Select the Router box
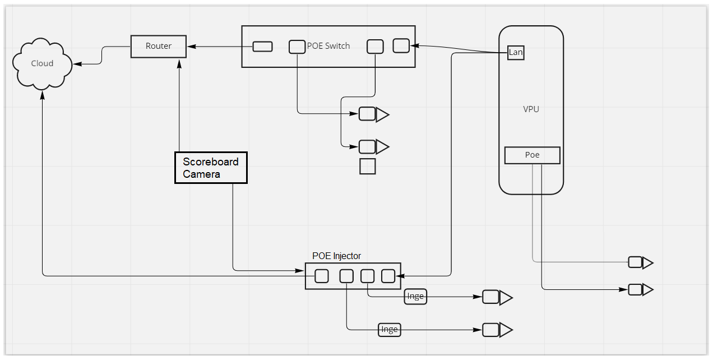(159, 47)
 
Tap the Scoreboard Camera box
(211, 168)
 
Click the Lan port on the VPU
(516, 53)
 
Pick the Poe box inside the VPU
(532, 155)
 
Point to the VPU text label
(531, 109)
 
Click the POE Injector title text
(336, 256)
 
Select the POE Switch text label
(328, 46)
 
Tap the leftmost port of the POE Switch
(262, 47)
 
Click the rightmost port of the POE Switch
(401, 45)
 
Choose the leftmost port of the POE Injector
(322, 276)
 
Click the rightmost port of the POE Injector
(388, 276)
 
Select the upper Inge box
(415, 296)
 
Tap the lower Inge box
(389, 330)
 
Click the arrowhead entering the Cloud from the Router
(77, 64)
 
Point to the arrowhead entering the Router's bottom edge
(179, 63)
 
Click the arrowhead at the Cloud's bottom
(43, 95)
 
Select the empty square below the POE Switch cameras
(368, 166)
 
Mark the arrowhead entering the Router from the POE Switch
(192, 47)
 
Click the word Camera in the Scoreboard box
(201, 174)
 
